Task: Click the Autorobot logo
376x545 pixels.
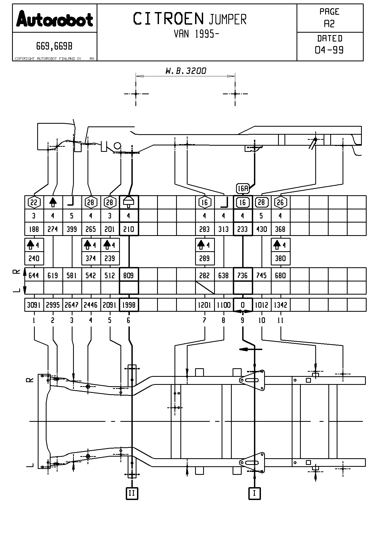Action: point(55,19)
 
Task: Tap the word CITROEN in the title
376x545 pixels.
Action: point(168,19)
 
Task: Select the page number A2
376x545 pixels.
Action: point(329,24)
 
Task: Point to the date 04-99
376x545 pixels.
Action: point(329,50)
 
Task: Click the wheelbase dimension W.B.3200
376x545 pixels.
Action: point(186,71)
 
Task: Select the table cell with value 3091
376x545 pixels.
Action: point(34,305)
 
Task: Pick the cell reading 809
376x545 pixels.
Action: point(128,275)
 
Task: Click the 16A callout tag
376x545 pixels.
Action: point(243,189)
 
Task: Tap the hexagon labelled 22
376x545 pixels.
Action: point(34,202)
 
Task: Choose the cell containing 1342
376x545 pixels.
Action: point(280,305)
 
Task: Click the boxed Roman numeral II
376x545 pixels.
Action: point(132,493)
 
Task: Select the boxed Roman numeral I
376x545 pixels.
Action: point(254,493)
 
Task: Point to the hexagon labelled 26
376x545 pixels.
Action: point(280,202)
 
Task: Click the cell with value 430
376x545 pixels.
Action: point(261,229)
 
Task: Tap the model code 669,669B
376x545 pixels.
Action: point(54,47)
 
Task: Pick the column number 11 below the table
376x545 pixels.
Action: point(280,320)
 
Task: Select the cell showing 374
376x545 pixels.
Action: point(91,258)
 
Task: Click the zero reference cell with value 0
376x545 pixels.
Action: point(243,305)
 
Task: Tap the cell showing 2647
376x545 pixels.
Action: point(72,305)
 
